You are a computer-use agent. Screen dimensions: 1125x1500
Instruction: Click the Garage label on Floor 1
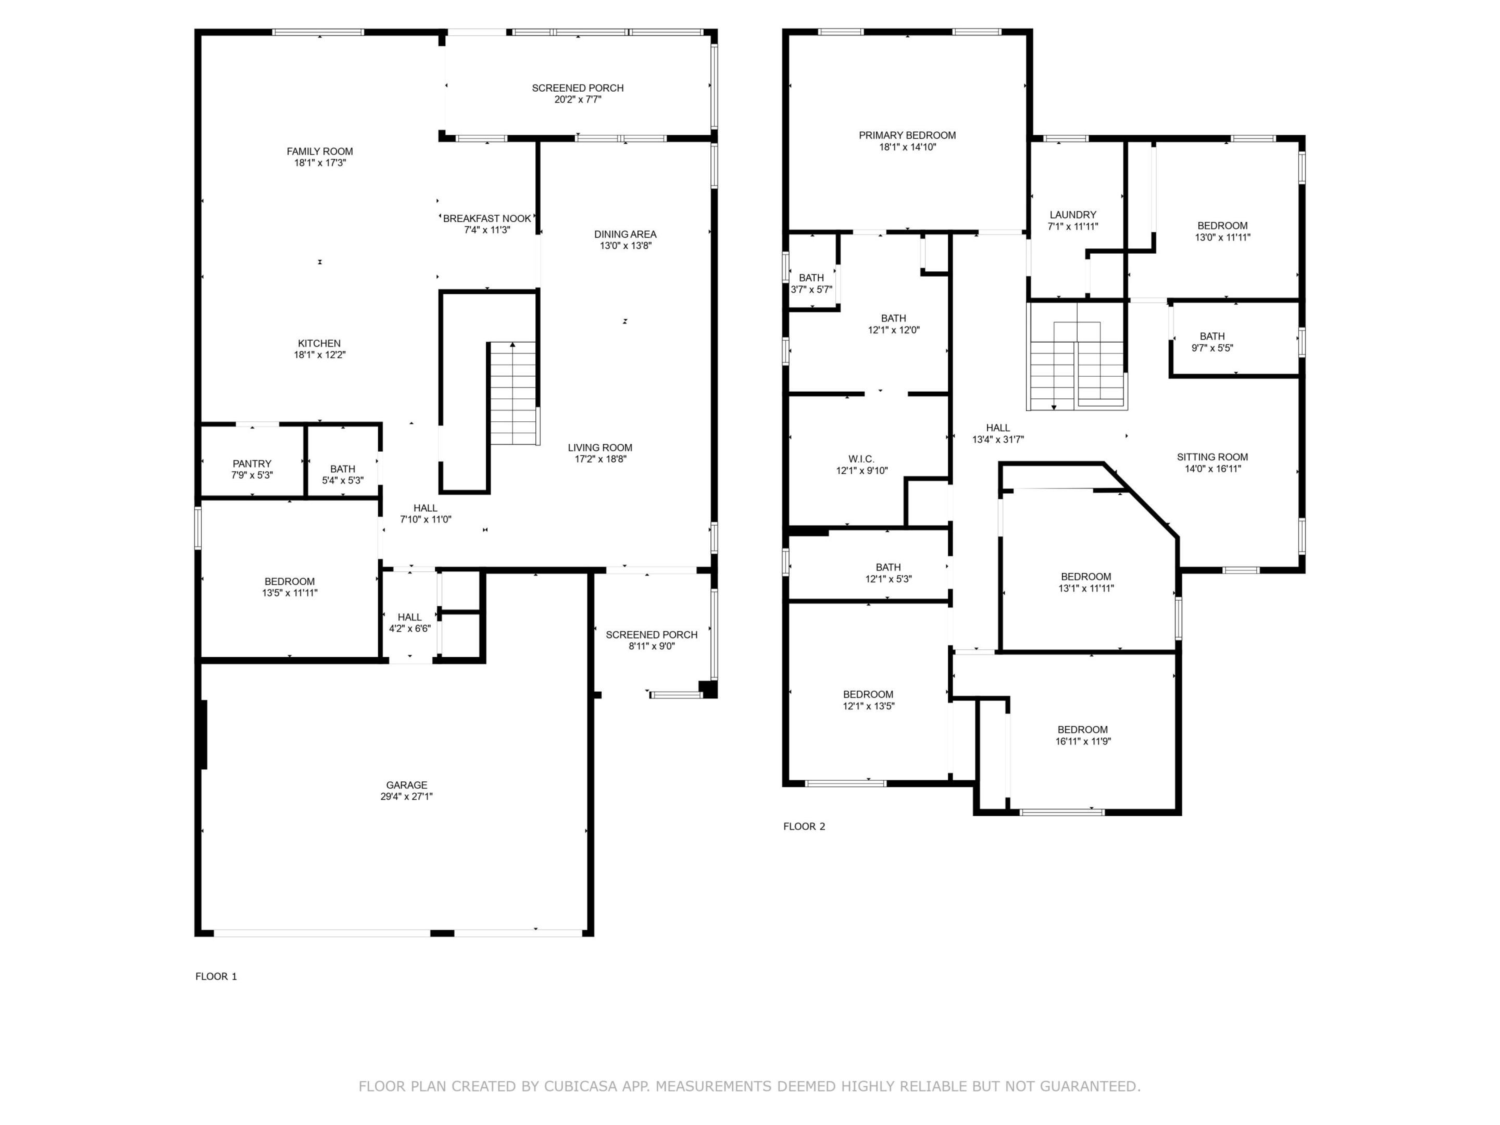[x=406, y=784]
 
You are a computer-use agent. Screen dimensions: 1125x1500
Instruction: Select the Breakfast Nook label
[x=486, y=218]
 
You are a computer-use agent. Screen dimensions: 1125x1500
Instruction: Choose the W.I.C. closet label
[x=861, y=459]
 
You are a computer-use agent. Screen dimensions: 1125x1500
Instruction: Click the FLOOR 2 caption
[x=804, y=826]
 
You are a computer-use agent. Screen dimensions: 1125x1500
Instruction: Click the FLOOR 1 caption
[x=216, y=976]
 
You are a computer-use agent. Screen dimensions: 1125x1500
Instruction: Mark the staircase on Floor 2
[x=1077, y=366]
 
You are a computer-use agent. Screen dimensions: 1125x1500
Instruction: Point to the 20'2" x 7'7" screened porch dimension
[x=578, y=99]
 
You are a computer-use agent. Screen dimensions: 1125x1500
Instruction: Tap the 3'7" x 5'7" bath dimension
[x=811, y=290]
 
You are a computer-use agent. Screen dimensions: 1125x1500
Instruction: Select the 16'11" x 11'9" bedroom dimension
[x=1082, y=741]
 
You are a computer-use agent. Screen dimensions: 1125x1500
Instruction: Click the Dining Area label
[x=624, y=234]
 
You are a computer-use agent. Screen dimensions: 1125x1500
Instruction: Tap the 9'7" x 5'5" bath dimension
[x=1212, y=348]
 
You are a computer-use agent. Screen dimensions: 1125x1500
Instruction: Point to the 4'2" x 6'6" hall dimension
[x=409, y=629]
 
